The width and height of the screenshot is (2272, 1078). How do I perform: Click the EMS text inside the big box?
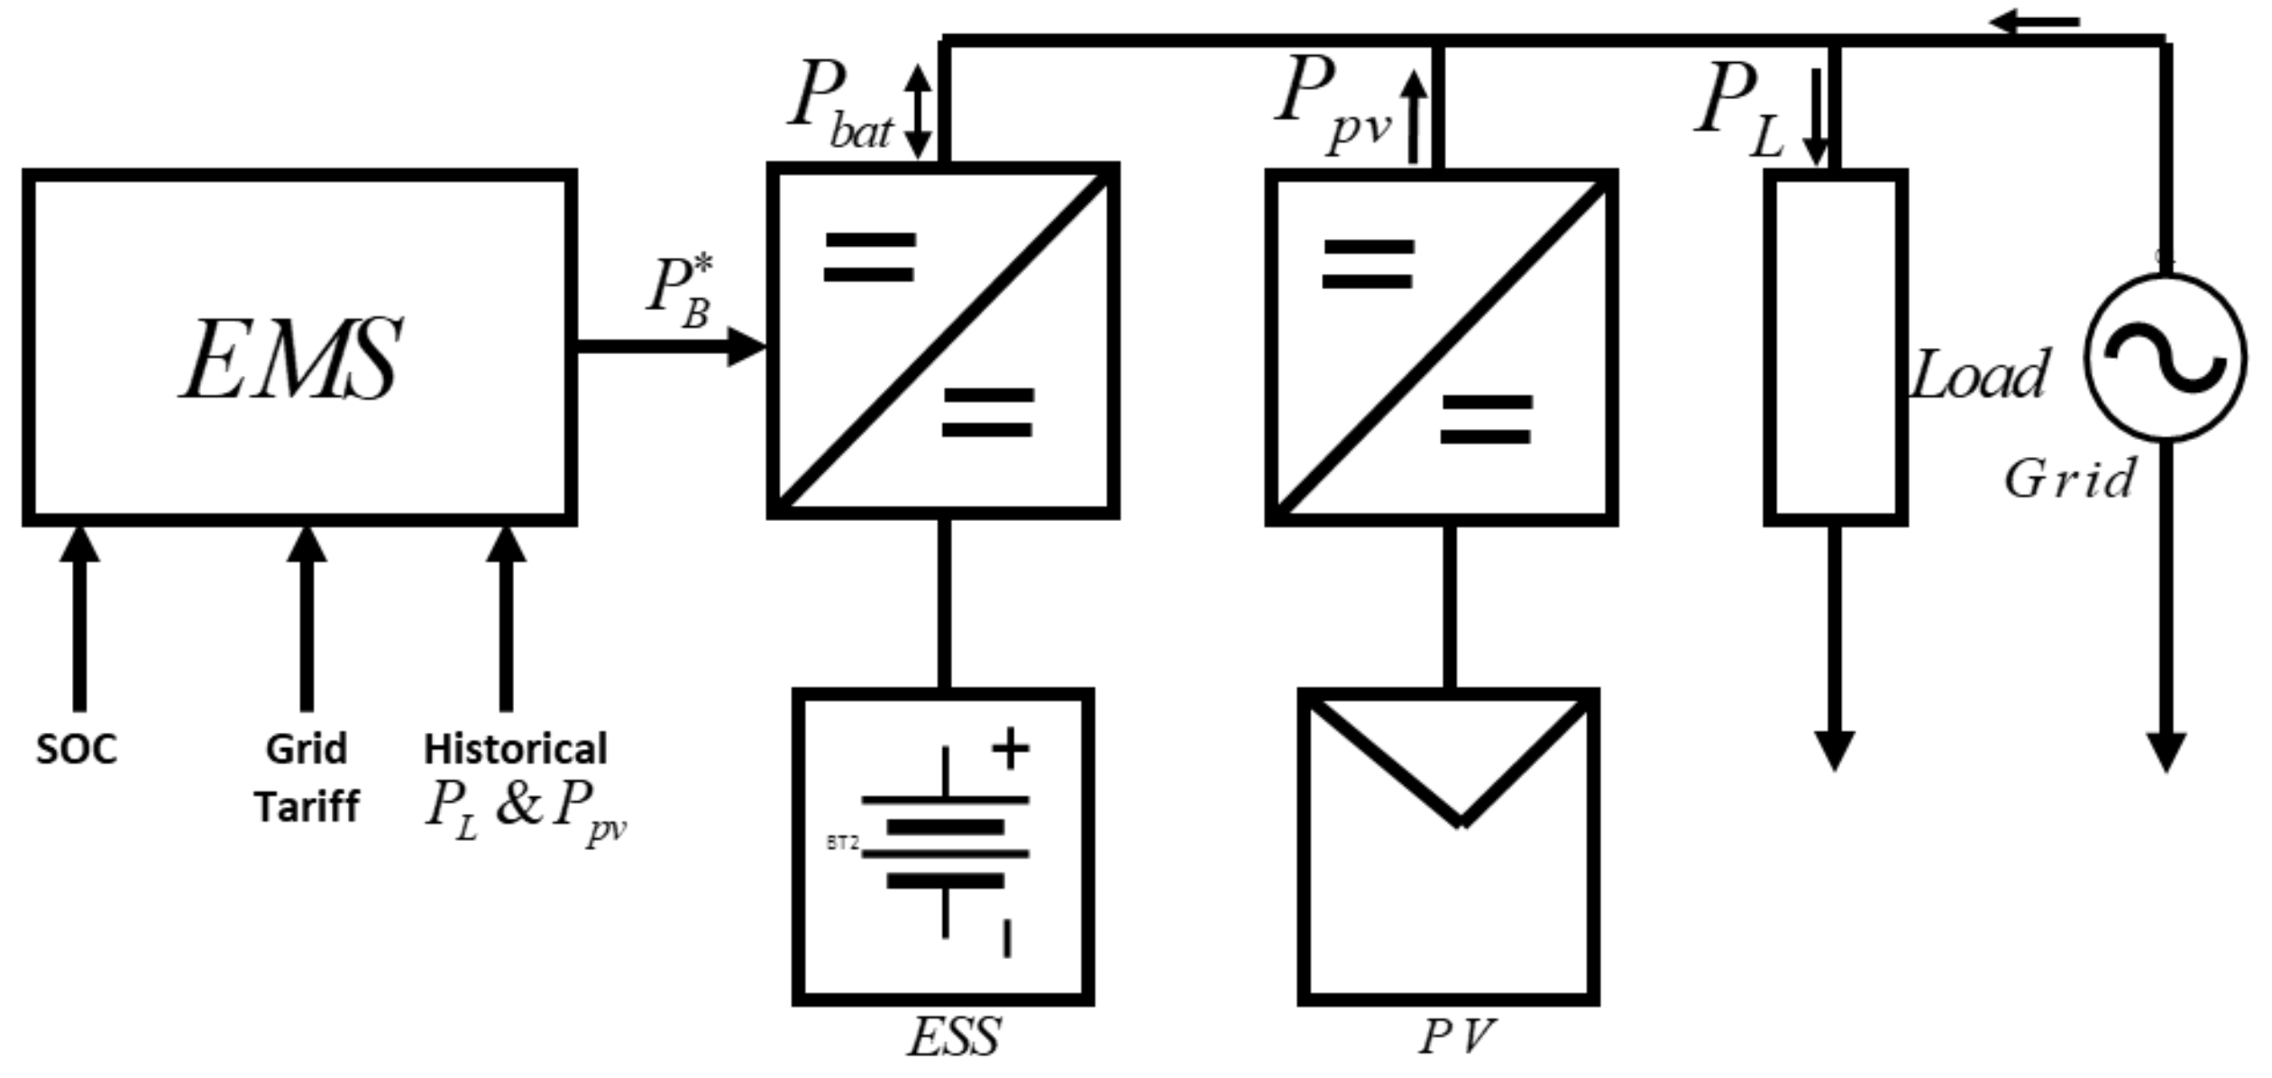pyautogui.click(x=291, y=360)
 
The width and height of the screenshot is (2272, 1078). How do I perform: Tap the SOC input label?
pyautogui.click(x=77, y=749)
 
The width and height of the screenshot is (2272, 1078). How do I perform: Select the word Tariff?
pyautogui.click(x=307, y=806)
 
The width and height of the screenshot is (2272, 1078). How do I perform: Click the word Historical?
pyautogui.click(x=516, y=749)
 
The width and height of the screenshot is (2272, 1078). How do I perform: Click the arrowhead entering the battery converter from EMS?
pyautogui.click(x=747, y=347)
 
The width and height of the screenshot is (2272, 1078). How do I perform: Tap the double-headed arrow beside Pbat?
pyautogui.click(x=918, y=112)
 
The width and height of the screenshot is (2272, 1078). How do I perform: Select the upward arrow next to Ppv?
pyautogui.click(x=1414, y=117)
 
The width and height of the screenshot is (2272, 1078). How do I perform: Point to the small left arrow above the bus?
pyautogui.click(x=2033, y=21)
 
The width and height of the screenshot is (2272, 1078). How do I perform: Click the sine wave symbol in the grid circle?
pyautogui.click(x=2166, y=358)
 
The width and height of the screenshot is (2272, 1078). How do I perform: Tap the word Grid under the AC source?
pyautogui.click(x=2069, y=479)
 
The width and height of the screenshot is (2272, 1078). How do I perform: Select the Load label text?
pyautogui.click(x=1980, y=374)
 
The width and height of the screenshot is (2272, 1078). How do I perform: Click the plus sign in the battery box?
pyautogui.click(x=1010, y=749)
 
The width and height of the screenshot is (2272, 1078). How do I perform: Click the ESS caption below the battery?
pyautogui.click(x=953, y=1037)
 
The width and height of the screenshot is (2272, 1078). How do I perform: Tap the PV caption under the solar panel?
pyautogui.click(x=1456, y=1037)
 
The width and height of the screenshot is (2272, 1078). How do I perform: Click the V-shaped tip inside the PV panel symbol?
pyautogui.click(x=1461, y=818)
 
